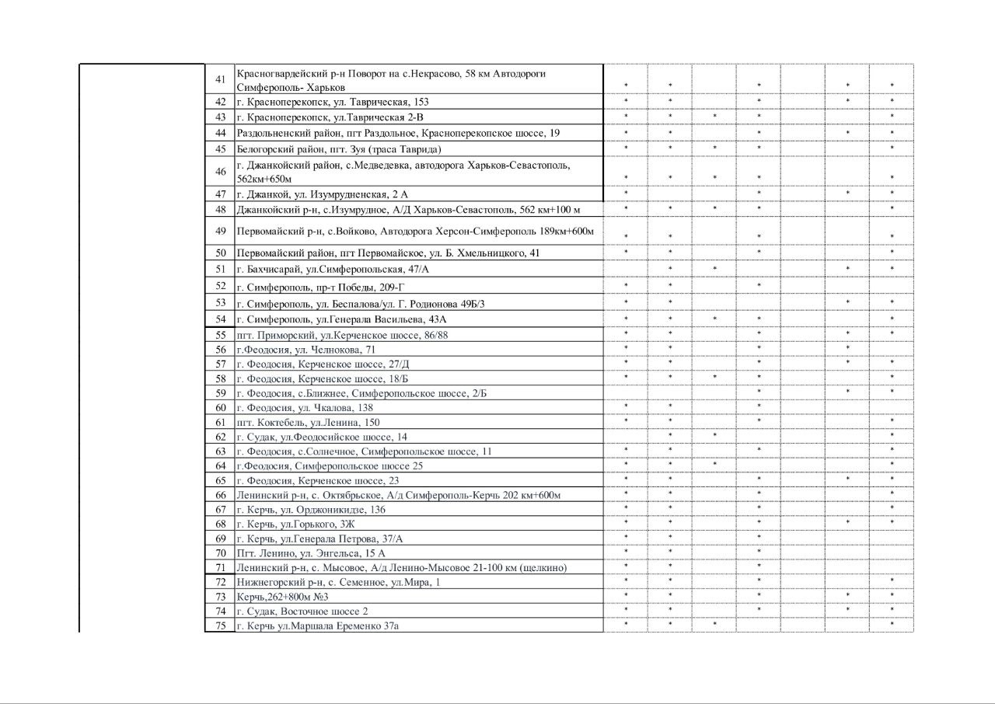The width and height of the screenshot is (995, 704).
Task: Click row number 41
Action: click(x=220, y=80)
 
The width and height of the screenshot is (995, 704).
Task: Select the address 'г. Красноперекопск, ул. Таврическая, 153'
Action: click(x=333, y=102)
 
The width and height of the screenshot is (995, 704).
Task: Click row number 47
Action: click(x=220, y=194)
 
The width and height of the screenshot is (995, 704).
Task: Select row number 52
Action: click(x=220, y=287)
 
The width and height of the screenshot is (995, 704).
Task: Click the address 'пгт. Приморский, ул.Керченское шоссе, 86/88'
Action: click(x=342, y=335)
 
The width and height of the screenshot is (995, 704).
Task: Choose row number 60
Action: click(x=220, y=408)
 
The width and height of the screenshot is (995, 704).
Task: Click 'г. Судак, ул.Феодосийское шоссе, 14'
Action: click(x=322, y=437)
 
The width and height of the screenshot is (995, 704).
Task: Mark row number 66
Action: click(x=220, y=496)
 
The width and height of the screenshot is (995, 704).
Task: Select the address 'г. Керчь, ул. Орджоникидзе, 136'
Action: click(x=311, y=511)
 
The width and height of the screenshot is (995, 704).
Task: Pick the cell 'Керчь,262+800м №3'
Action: click(x=277, y=597)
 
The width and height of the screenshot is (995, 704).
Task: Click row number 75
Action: click(x=220, y=626)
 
